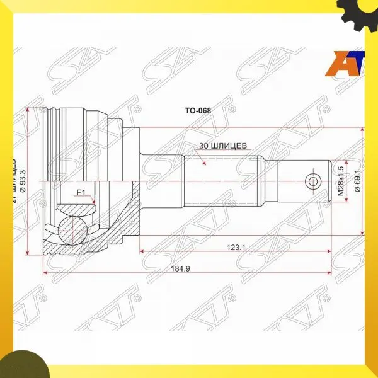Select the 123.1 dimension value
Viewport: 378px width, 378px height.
(x=236, y=248)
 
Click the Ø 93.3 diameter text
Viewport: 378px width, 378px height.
(x=23, y=180)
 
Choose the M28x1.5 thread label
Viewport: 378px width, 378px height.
(x=340, y=181)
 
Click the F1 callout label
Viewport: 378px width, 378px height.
(x=81, y=192)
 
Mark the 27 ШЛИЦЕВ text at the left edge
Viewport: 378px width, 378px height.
(x=13, y=180)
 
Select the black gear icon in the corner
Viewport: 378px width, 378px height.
(x=358, y=12)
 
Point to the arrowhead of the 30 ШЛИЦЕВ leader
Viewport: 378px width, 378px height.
(x=205, y=164)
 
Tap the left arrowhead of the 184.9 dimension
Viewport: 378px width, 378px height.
(x=45, y=273)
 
